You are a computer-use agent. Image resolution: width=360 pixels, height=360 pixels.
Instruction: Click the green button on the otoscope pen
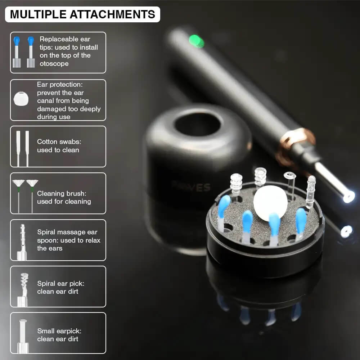pos(196,41)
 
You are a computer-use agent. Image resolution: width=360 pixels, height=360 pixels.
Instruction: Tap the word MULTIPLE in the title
pos(38,14)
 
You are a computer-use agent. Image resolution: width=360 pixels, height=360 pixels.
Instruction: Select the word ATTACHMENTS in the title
pos(112,14)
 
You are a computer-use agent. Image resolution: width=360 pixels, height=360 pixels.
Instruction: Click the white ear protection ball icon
pos(21,99)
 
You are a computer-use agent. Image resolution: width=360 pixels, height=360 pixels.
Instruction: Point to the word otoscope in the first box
pos(54,64)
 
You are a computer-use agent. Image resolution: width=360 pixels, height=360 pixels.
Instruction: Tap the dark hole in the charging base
pos(197,125)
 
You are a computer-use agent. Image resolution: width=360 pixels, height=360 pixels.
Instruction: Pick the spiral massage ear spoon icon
pos(22,242)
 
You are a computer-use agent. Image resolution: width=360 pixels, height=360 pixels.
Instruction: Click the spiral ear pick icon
pos(23,290)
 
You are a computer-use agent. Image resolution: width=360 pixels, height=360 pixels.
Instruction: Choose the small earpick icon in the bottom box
pos(23,336)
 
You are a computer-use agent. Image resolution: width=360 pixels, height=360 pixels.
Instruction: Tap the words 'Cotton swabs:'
pos(59,141)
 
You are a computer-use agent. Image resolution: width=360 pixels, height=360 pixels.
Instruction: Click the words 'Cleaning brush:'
pos(62,194)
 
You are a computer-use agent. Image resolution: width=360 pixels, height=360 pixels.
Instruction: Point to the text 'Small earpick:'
pos(59,331)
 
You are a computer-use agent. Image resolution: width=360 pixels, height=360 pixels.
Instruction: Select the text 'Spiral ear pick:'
pos(60,284)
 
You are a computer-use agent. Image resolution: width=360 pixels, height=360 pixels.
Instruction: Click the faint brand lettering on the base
pos(191,187)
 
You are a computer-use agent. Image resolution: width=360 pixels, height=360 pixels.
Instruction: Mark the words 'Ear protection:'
pos(60,85)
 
